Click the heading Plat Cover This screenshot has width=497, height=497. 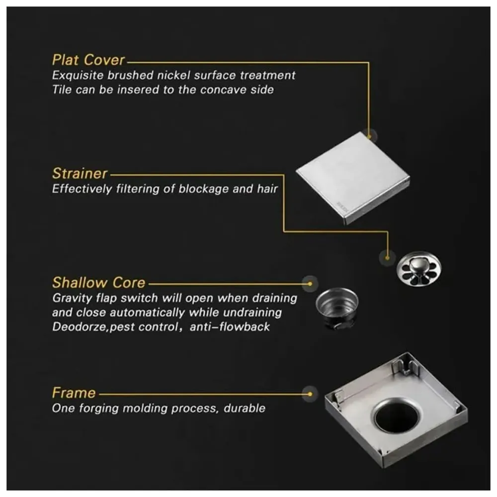[88, 60]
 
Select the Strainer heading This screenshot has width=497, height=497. [80, 174]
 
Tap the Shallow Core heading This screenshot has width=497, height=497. [98, 283]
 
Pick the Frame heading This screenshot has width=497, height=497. [74, 393]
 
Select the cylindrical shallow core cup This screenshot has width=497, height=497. [337, 308]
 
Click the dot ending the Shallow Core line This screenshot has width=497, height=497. [310, 284]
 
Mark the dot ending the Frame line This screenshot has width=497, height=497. [310, 394]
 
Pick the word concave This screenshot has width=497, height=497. [223, 90]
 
